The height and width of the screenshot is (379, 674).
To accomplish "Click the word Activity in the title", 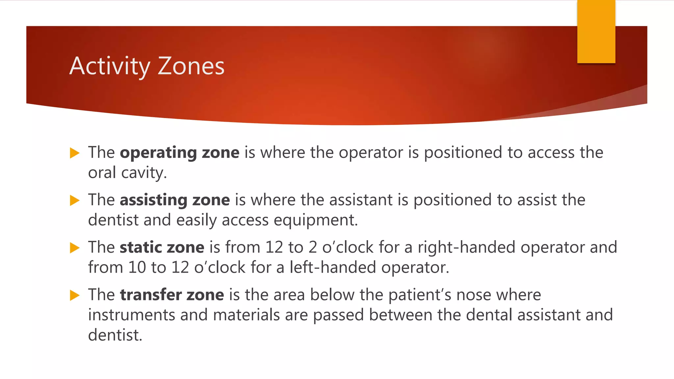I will [110, 66].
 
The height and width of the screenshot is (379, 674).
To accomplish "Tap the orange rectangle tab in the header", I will [596, 32].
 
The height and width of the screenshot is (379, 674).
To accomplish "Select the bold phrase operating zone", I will [179, 153].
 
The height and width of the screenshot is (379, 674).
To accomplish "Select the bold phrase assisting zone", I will [174, 200].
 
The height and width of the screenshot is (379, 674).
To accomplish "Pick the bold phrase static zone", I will [162, 247].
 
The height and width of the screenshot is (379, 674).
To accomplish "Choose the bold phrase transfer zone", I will [172, 295].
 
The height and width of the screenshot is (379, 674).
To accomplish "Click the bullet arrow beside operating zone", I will [75, 153].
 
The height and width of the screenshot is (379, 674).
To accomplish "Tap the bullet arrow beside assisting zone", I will [75, 200].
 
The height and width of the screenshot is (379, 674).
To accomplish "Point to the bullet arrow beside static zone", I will [75, 248].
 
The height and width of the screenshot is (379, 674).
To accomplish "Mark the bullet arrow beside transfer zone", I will [75, 295].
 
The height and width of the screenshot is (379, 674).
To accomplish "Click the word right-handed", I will [466, 247].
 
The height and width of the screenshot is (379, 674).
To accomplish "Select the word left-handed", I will [333, 267].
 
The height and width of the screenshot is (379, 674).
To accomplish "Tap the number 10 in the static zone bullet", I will [137, 267].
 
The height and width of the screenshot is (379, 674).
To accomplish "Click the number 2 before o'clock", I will [313, 247].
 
